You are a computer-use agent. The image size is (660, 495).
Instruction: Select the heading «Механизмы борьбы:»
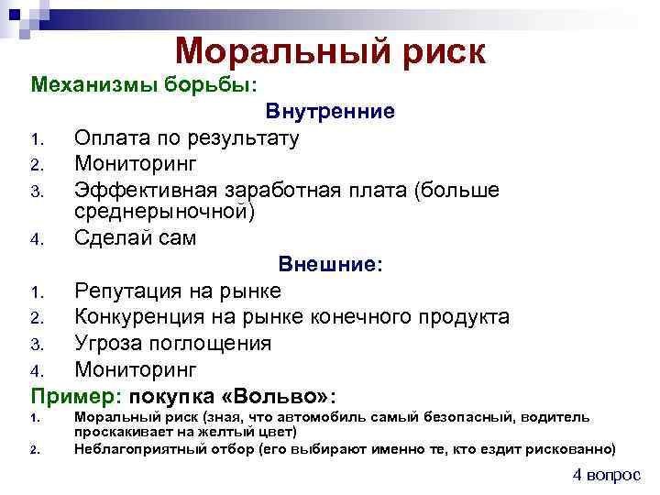145,85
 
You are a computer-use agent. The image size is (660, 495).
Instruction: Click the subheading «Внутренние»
331,112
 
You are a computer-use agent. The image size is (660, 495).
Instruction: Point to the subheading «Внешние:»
331,265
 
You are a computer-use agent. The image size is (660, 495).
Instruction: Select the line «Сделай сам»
135,238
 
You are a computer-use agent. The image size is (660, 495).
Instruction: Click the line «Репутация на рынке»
178,291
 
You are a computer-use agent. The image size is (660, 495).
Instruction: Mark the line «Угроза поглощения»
172,344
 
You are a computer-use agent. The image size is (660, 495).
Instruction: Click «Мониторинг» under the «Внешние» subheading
135,369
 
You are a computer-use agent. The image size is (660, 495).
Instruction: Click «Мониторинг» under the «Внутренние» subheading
135,164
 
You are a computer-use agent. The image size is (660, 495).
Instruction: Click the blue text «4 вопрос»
607,475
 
